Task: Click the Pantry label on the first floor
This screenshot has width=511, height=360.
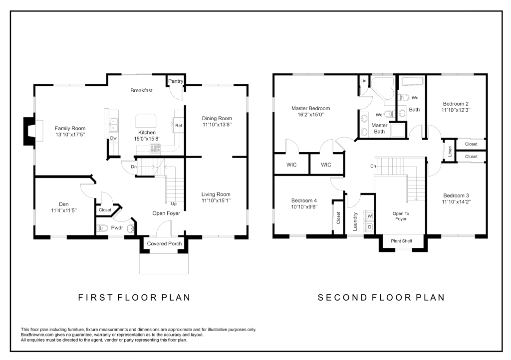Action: pyautogui.click(x=176, y=81)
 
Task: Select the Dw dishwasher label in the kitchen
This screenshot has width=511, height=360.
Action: pyautogui.click(x=113, y=138)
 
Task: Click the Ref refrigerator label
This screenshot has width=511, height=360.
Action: pyautogui.click(x=179, y=126)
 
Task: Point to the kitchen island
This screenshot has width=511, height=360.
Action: pyautogui.click(x=146, y=121)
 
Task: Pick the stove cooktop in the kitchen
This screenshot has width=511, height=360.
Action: pyautogui.click(x=155, y=149)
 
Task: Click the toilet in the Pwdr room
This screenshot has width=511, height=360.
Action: pyautogui.click(x=102, y=228)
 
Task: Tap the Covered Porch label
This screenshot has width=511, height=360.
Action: pyautogui.click(x=164, y=243)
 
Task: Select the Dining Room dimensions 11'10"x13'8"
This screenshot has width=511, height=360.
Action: pyautogui.click(x=217, y=125)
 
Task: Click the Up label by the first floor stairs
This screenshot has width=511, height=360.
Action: pyautogui.click(x=174, y=204)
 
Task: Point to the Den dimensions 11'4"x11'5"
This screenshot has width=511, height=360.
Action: pyautogui.click(x=64, y=210)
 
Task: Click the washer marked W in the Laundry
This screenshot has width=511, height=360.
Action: pyautogui.click(x=370, y=216)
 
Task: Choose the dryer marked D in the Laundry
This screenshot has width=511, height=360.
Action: pyautogui.click(x=370, y=226)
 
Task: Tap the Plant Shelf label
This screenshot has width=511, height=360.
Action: pyautogui.click(x=402, y=241)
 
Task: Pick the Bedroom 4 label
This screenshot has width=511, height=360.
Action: pyautogui.click(x=304, y=200)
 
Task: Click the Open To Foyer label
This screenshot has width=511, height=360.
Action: pyautogui.click(x=401, y=216)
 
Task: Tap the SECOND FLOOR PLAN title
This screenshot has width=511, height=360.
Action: pyautogui.click(x=381, y=298)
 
